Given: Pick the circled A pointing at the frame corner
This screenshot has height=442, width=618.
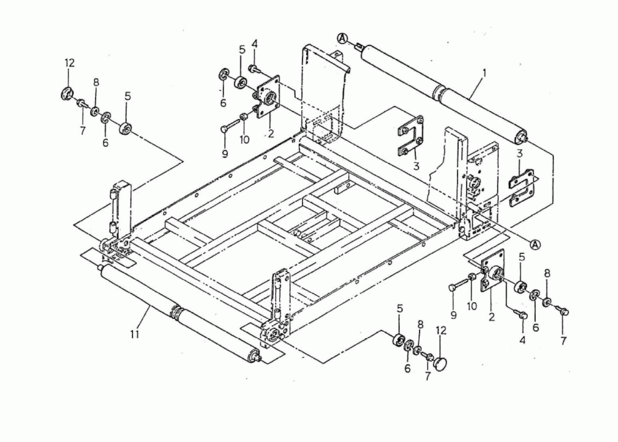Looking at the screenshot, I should [535, 244].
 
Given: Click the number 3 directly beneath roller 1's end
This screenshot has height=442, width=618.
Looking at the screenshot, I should [519, 153].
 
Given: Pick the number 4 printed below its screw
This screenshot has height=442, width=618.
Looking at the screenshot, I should [522, 339].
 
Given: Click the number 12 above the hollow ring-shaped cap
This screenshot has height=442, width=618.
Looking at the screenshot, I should [69, 62].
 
